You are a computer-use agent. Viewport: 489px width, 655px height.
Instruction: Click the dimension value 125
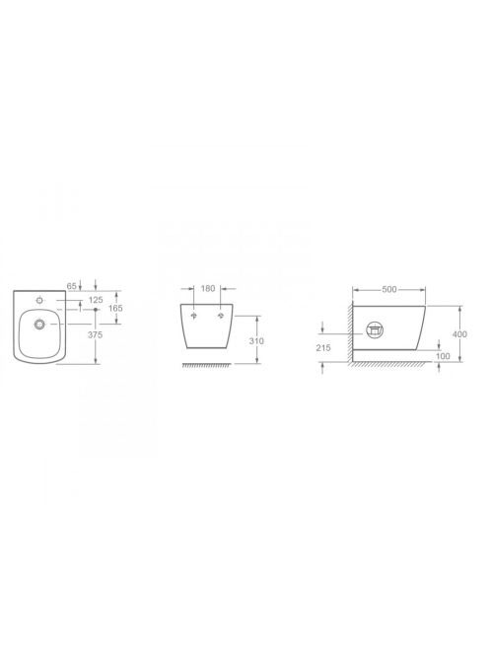[96, 299]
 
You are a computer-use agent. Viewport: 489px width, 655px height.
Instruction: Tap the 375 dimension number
[97, 334]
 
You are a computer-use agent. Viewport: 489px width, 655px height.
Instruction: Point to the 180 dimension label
[208, 288]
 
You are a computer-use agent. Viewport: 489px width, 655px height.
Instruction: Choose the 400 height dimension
[460, 334]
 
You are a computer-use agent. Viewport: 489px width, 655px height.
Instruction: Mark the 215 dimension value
[325, 348]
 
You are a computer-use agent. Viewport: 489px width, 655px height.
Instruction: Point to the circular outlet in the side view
[377, 332]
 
